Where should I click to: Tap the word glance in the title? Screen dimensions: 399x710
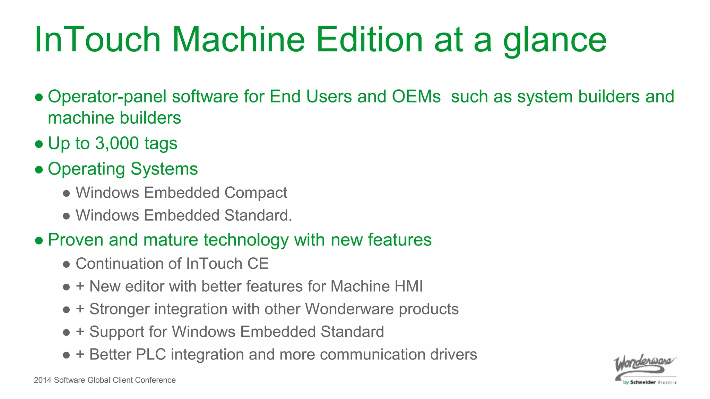coord(555,41)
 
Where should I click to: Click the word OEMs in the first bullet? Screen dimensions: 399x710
coord(416,96)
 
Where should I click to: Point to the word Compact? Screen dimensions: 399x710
coord(256,193)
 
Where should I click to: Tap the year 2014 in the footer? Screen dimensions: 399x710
coord(43,380)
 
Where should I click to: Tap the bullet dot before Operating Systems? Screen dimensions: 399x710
coord(39,169)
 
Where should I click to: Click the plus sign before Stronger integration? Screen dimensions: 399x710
coord(80,309)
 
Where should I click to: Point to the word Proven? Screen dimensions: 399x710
coord(76,240)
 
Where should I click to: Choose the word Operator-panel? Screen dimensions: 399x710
coord(107,97)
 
